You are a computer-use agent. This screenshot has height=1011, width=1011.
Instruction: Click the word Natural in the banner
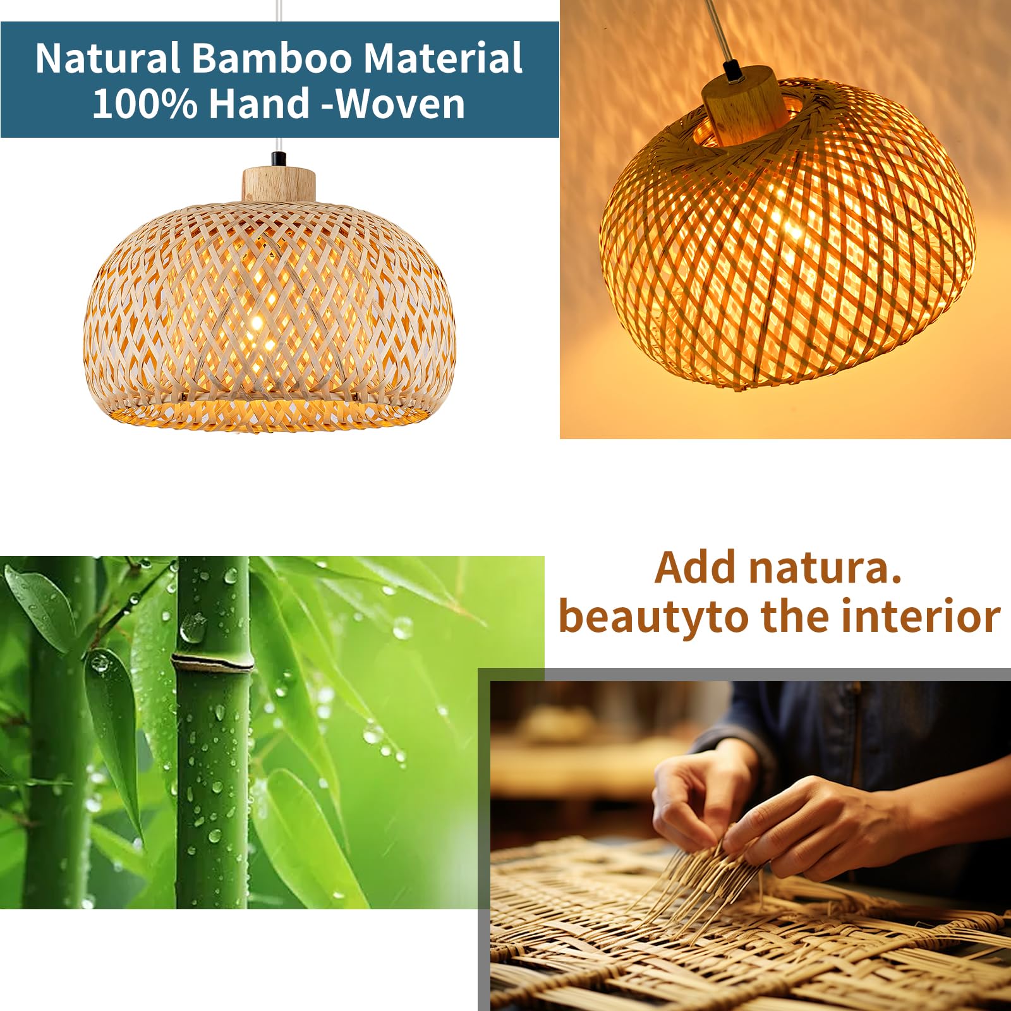click(108, 58)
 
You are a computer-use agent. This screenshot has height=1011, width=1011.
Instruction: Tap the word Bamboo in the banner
click(272, 58)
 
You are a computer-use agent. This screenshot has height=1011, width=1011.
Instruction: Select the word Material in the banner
click(443, 58)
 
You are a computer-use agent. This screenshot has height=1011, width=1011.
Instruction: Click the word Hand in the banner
click(260, 104)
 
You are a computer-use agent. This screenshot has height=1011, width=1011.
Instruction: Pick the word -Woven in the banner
click(394, 104)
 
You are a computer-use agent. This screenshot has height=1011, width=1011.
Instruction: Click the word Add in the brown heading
click(698, 567)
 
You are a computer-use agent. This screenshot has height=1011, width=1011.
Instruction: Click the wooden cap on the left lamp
click(279, 185)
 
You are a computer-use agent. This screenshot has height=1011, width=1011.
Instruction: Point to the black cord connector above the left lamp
click(277, 159)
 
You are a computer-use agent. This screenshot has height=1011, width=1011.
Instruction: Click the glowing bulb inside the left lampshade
click(256, 323)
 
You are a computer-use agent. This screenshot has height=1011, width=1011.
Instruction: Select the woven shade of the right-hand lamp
click(787, 234)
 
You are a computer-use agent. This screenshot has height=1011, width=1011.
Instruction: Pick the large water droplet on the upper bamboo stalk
click(193, 628)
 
